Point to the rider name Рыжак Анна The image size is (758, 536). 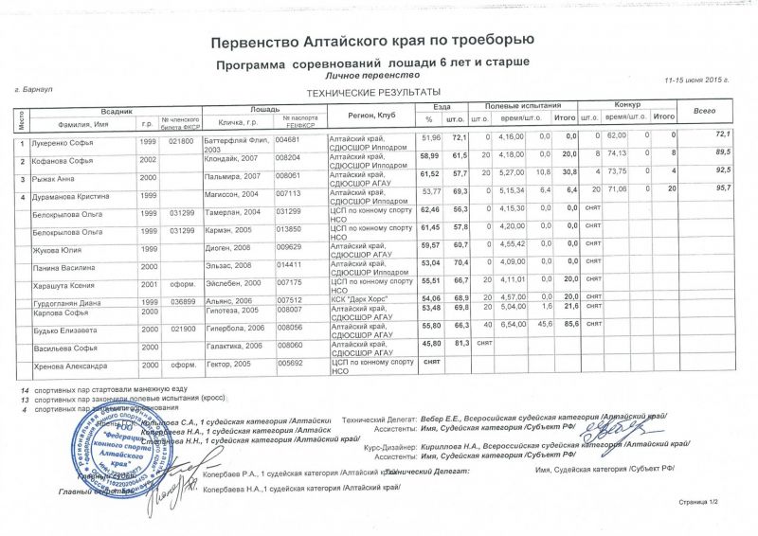55,177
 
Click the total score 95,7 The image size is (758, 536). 721,190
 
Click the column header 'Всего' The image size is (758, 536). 704,111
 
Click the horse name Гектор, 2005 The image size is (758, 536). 228,364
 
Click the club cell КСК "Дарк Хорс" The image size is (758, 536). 355,299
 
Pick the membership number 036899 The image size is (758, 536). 181,300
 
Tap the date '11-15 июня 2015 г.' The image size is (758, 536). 696,80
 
